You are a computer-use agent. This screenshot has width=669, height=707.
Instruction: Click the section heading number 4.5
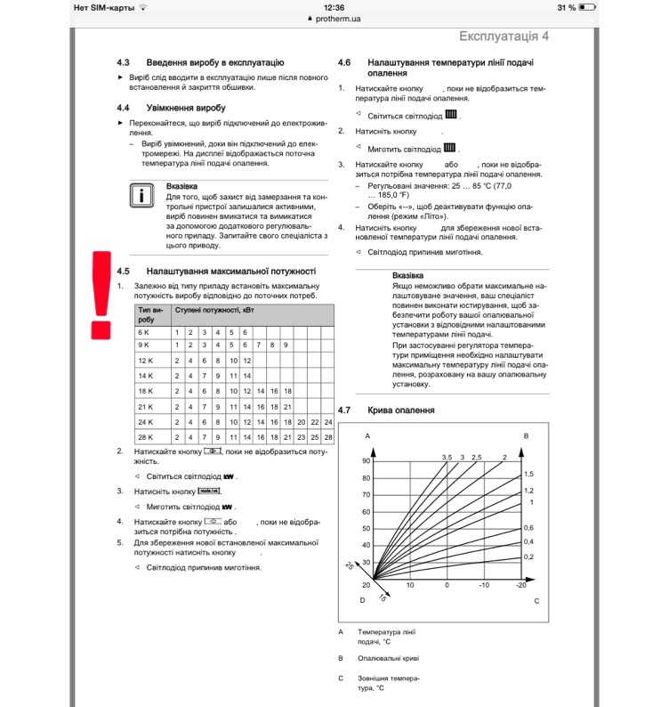[124, 271]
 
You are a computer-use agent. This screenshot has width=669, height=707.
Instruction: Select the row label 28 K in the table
[146, 437]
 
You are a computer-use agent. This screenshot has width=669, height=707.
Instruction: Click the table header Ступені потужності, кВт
[208, 309]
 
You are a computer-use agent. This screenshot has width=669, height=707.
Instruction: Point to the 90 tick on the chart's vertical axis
[365, 460]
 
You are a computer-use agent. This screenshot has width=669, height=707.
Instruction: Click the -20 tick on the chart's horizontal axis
[520, 585]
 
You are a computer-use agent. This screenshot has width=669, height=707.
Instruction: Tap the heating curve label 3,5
[447, 457]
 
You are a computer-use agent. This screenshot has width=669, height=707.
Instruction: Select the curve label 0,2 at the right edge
[528, 557]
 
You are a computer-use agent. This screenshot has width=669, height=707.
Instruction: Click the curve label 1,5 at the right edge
[528, 474]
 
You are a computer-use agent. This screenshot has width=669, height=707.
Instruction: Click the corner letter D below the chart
[362, 601]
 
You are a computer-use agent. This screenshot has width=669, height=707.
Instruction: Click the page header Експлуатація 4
[504, 36]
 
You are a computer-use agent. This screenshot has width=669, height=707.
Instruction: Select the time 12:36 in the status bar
[334, 6]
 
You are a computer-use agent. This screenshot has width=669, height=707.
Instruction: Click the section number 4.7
[345, 410]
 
